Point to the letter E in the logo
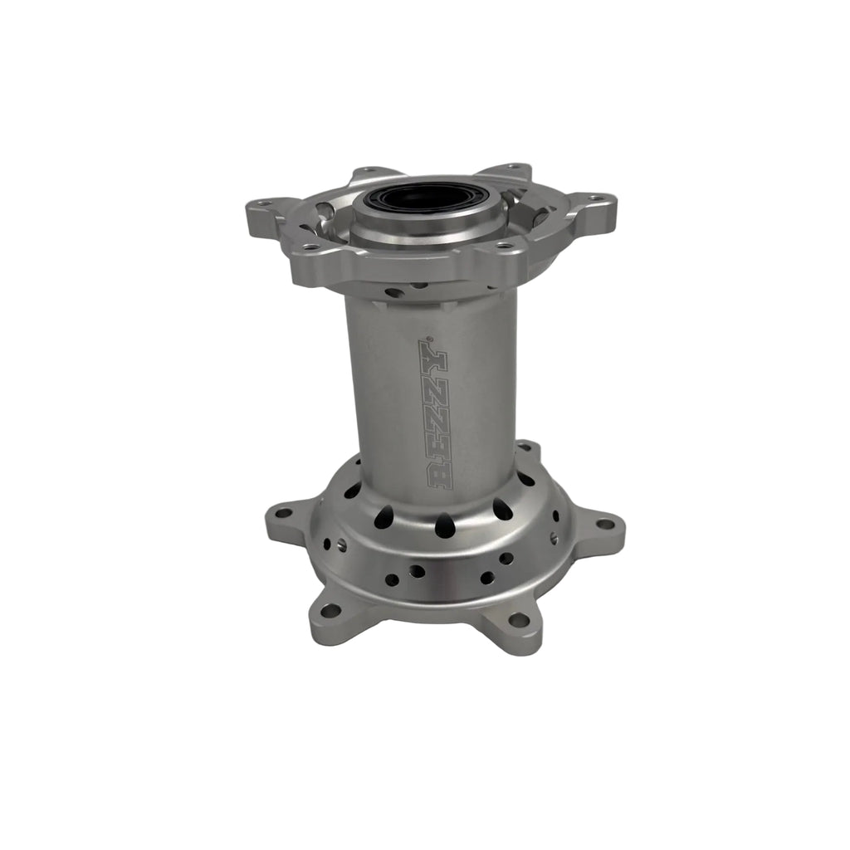click(437, 445)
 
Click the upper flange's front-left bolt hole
click(309, 247)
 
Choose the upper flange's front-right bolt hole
click(503, 245)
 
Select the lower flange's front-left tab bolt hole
click(332, 610)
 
